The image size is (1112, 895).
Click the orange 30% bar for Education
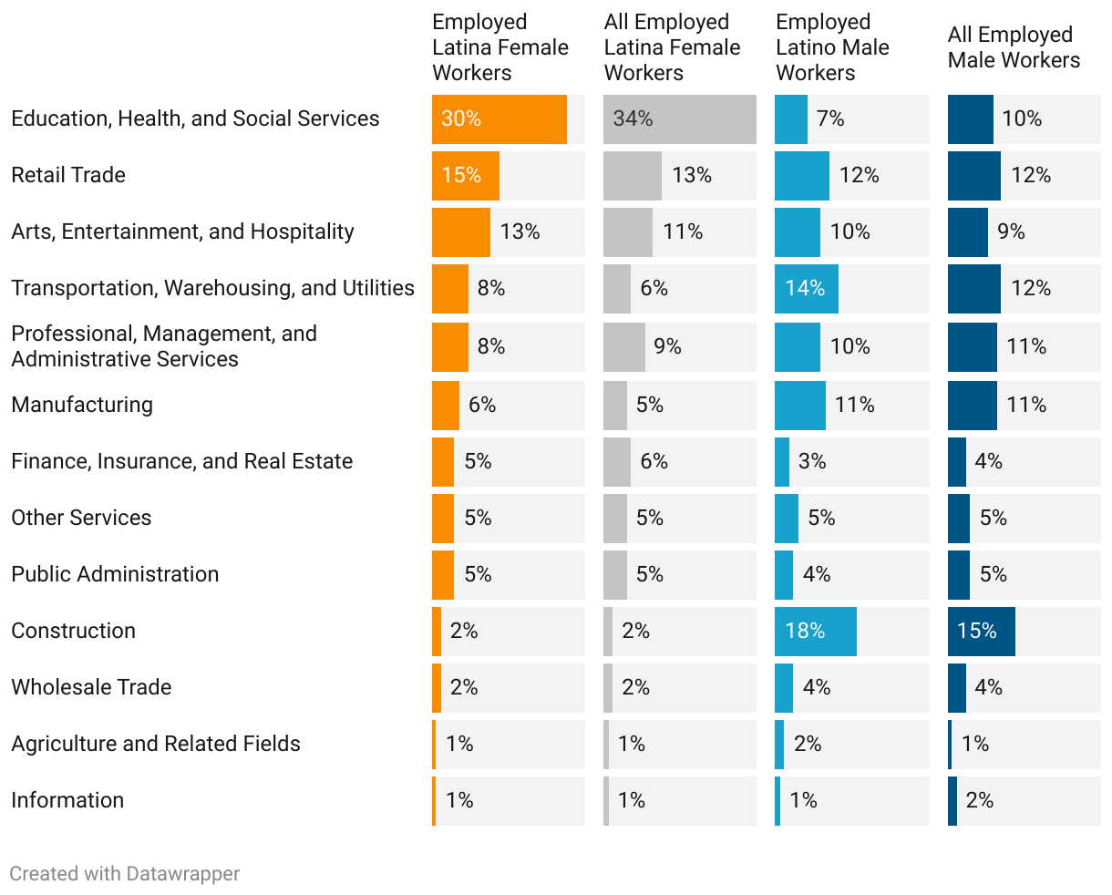pyautogui.click(x=499, y=119)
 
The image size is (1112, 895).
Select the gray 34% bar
pyautogui.click(x=679, y=119)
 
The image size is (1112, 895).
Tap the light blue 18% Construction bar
pyautogui.click(x=815, y=632)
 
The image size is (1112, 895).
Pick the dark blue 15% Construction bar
pyautogui.click(x=981, y=632)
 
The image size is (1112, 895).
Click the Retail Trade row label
pyautogui.click(x=68, y=175)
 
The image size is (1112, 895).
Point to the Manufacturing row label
pyautogui.click(x=82, y=405)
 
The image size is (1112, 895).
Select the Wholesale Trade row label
pyautogui.click(x=91, y=687)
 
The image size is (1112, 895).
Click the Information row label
pyautogui.click(x=67, y=800)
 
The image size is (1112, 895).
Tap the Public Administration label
pyautogui.click(x=115, y=574)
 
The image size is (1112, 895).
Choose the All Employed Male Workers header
pyautogui.click(x=1014, y=47)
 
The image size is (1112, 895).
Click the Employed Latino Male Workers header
pyautogui.click(x=832, y=47)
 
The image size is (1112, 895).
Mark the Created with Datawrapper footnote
pyautogui.click(x=125, y=874)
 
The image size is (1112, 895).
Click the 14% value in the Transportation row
pyautogui.click(x=805, y=289)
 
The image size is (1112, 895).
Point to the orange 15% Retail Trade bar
pyautogui.click(x=465, y=176)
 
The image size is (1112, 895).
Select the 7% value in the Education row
pyautogui.click(x=830, y=119)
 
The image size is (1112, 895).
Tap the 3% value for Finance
pyautogui.click(x=812, y=462)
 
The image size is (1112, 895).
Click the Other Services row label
pyautogui.click(x=81, y=518)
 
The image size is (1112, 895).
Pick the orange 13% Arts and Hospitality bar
pyautogui.click(x=460, y=232)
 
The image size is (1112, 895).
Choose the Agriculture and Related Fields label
pyautogui.click(x=156, y=744)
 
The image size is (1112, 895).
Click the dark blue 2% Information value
pyautogui.click(x=979, y=801)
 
